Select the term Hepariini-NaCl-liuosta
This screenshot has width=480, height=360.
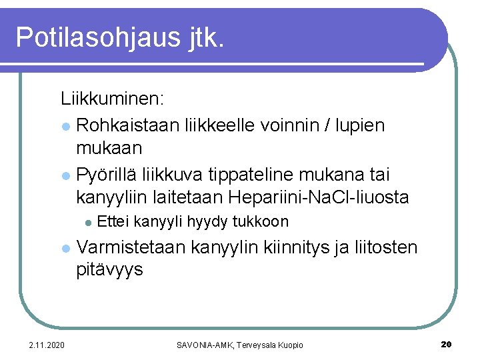(319, 198)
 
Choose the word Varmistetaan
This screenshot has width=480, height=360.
(131, 248)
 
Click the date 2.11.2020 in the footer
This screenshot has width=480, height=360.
(47, 345)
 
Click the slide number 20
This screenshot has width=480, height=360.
(447, 344)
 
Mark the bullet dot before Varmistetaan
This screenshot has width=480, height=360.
(65, 249)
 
